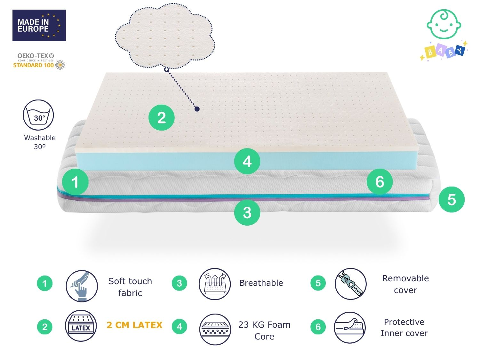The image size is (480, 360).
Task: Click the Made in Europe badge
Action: (x=39, y=25)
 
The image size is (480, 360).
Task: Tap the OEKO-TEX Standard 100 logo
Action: (x=39, y=61)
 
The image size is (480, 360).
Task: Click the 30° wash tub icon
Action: (x=38, y=115)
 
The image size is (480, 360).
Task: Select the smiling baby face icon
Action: (x=444, y=24)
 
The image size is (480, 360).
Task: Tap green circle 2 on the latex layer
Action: (x=161, y=117)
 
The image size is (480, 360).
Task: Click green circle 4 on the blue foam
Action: (x=247, y=161)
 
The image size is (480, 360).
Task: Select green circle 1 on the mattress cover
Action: (x=75, y=182)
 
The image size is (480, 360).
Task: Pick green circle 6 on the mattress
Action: (x=380, y=182)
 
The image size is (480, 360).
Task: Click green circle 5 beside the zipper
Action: (x=452, y=199)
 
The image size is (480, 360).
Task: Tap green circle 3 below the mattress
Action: (x=247, y=212)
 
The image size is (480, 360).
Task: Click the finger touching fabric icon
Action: (x=82, y=286)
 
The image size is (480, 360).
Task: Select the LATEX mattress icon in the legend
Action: (x=81, y=326)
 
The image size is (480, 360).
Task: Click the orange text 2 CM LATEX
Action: (x=134, y=325)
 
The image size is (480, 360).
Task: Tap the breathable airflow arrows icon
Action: (x=215, y=284)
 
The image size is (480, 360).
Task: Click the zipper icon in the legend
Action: (x=350, y=284)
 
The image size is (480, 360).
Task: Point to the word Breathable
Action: (x=261, y=283)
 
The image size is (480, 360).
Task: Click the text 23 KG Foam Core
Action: (x=264, y=331)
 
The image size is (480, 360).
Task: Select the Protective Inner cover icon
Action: (x=350, y=327)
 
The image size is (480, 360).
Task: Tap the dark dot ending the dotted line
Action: (x=197, y=109)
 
